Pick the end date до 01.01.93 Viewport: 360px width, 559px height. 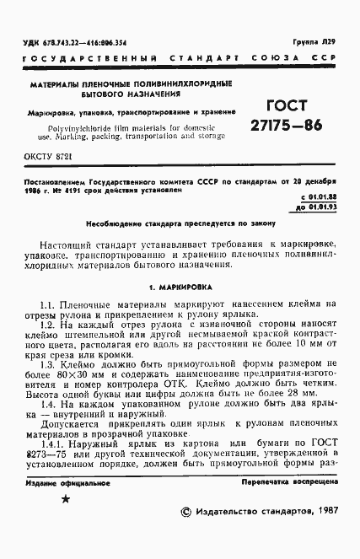click(x=314, y=205)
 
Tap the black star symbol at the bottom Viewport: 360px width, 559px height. click(x=67, y=523)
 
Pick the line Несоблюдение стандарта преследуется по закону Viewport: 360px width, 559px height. click(x=180, y=223)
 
